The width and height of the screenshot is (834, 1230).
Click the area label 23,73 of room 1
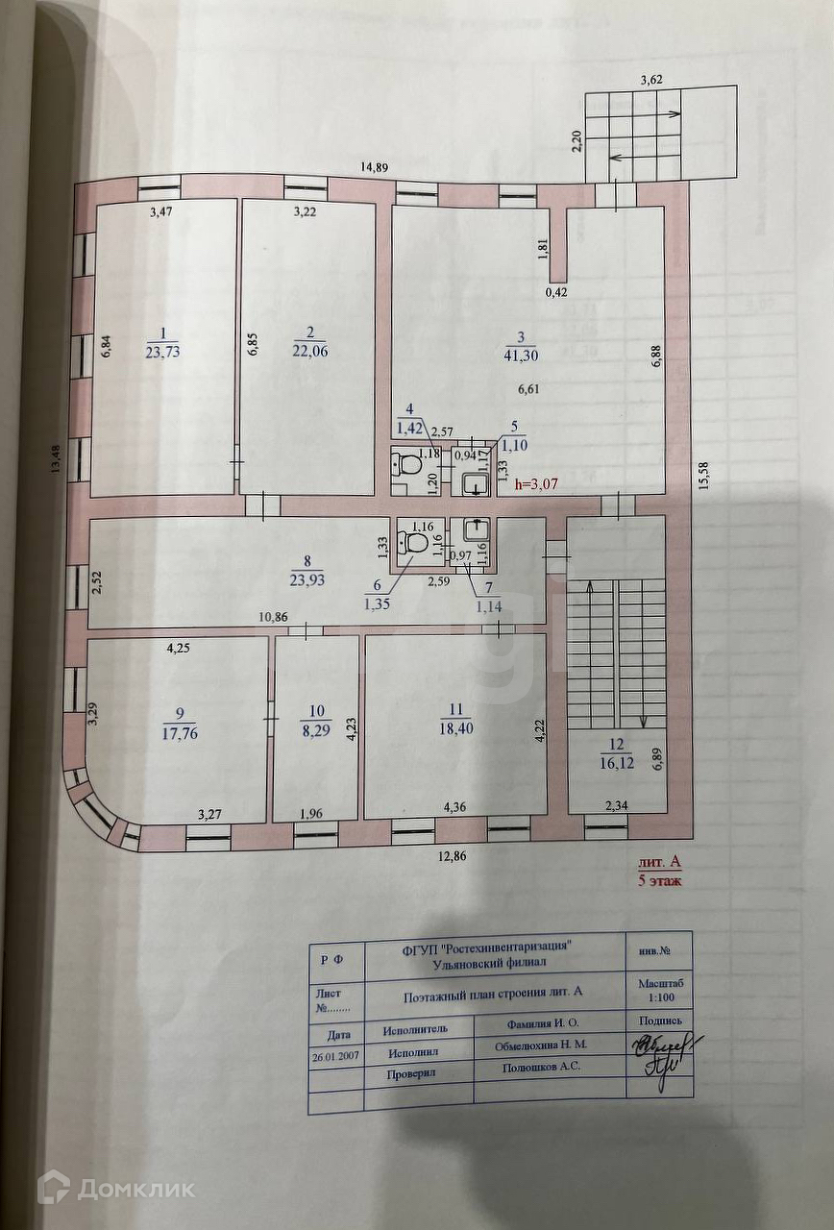tap(162, 352)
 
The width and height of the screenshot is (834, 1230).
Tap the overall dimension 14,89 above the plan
tap(374, 167)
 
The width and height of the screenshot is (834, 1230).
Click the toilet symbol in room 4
tap(409, 466)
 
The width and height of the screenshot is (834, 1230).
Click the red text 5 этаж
tap(660, 881)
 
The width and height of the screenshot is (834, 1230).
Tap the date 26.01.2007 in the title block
tap(336, 1054)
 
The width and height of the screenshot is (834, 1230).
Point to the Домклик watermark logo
tap(115, 1189)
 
